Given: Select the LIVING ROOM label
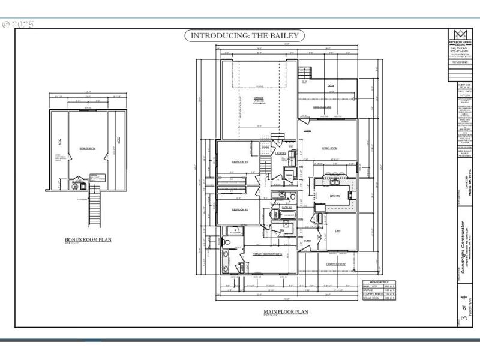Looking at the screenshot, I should pyautogui.click(x=330, y=148).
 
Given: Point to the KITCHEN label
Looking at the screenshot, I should pyautogui.click(x=335, y=196).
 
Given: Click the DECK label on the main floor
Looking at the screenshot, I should pyautogui.click(x=331, y=86).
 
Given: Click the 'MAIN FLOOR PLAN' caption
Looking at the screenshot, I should pyautogui.click(x=286, y=312).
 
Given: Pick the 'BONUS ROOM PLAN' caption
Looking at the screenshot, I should pyautogui.click(x=88, y=239).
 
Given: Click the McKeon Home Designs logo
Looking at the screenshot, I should pyautogui.click(x=460, y=35).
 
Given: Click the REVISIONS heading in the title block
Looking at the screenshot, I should pyautogui.click(x=460, y=61).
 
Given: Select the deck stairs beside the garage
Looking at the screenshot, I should pyautogui.click(x=305, y=72).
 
